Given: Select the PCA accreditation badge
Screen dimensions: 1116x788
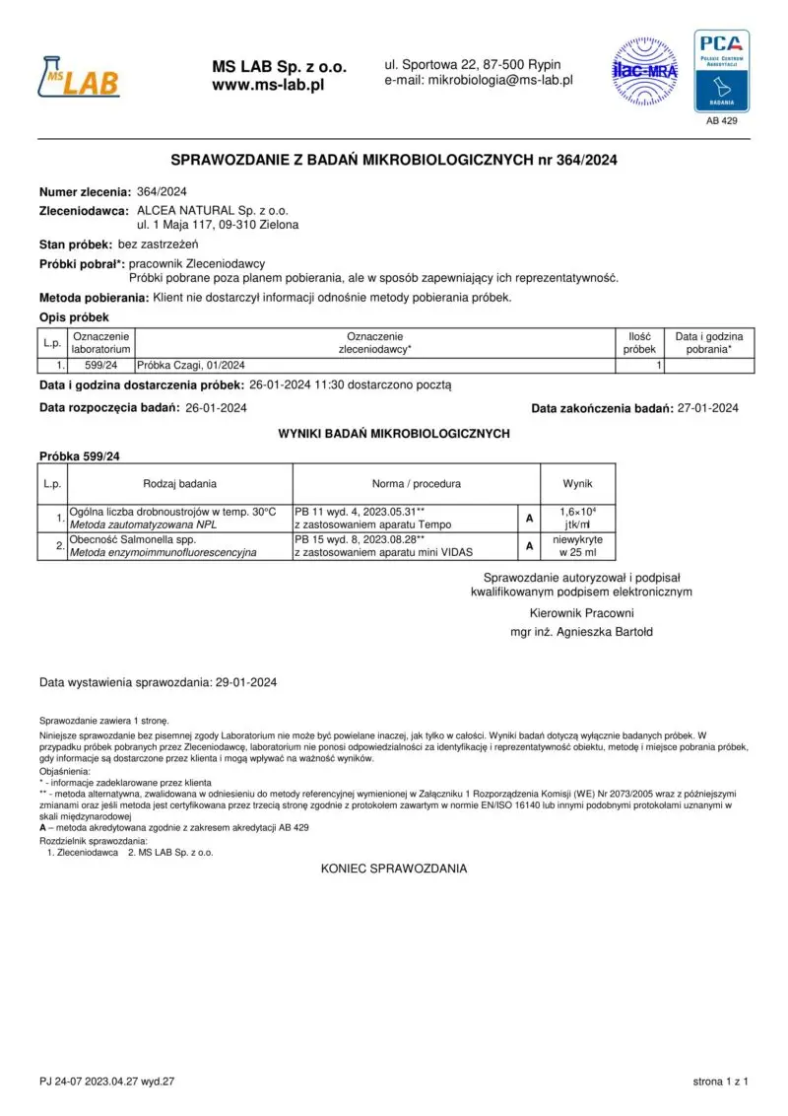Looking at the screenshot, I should [722, 71].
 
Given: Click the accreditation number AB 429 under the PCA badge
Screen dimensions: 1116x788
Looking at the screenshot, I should [722, 121].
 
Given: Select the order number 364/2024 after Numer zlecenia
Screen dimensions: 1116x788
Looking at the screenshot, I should [162, 192].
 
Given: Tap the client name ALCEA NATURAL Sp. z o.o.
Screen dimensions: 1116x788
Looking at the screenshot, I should [213, 211].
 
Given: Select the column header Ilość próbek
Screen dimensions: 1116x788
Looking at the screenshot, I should [639, 343].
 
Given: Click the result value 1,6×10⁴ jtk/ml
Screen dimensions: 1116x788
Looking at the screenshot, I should [578, 519].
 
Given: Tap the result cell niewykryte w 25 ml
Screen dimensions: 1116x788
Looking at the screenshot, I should [578, 546].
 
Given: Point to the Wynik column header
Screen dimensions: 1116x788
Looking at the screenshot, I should [578, 484].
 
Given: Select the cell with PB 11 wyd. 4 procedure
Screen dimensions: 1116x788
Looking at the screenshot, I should [404, 519].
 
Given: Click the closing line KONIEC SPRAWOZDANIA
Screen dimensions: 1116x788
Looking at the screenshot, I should [394, 869].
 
